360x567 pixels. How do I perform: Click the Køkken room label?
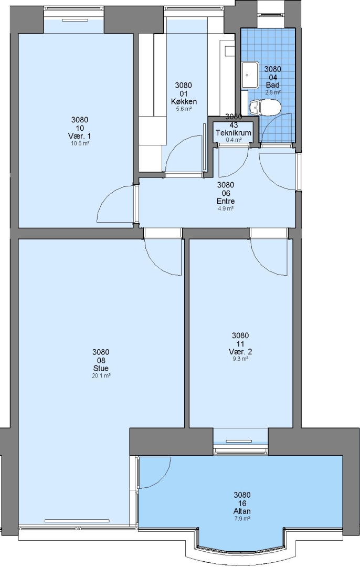(184, 101)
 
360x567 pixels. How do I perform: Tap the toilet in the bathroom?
(265, 107)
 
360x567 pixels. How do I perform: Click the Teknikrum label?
(234, 133)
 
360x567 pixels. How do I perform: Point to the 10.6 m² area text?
(80, 143)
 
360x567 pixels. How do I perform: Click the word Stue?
(101, 368)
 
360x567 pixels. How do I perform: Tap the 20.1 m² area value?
(101, 375)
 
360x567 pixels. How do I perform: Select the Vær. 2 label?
(240, 351)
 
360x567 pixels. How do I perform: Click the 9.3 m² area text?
(240, 359)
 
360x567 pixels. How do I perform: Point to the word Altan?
(242, 511)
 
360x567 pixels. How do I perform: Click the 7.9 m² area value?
(242, 518)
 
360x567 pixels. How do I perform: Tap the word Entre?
(226, 201)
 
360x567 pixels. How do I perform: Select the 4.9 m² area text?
(226, 208)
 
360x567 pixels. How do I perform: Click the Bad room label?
(273, 85)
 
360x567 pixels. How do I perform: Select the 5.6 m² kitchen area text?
(184, 109)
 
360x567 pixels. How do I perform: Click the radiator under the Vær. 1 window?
(75, 20)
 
